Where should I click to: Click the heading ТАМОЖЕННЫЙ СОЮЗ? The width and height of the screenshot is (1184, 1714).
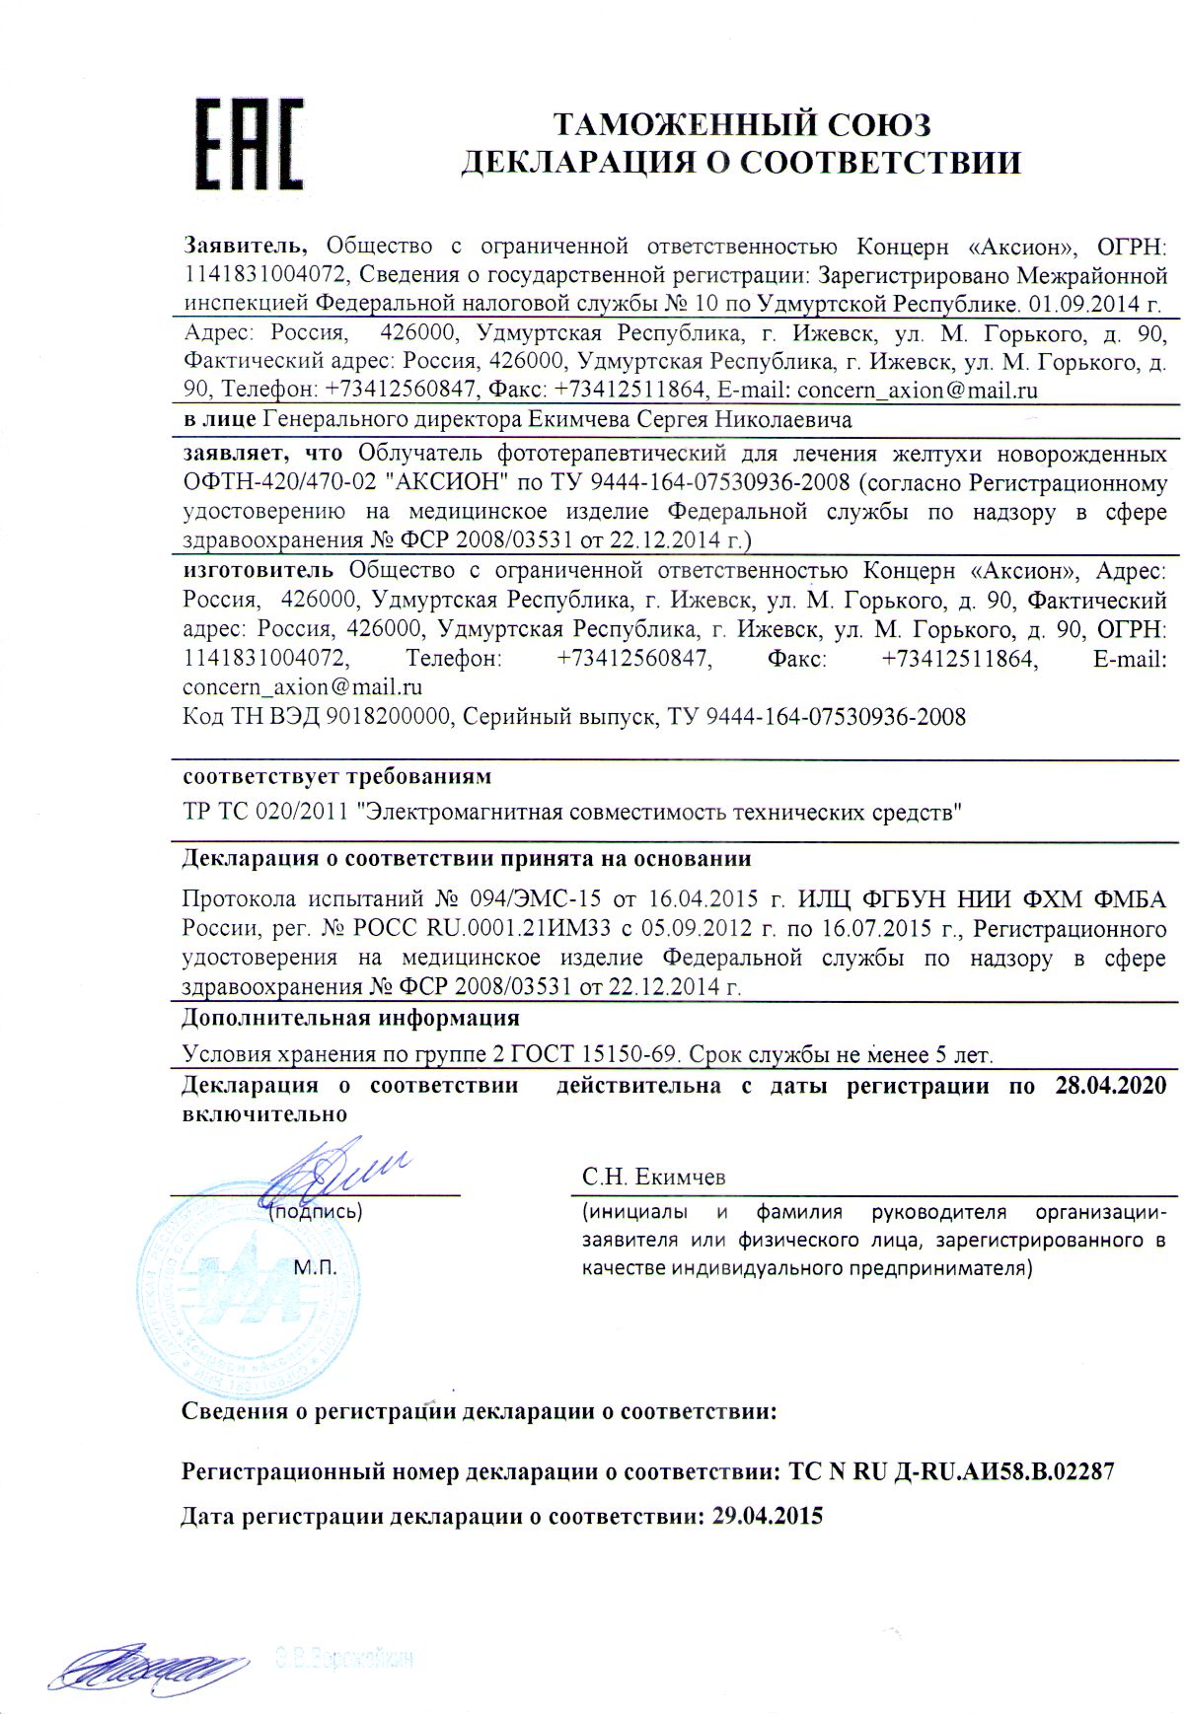tap(741, 124)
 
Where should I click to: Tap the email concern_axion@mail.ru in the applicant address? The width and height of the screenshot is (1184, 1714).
tap(918, 390)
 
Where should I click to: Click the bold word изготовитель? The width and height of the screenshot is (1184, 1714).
tap(259, 570)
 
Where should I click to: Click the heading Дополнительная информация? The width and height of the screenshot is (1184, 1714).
tap(351, 1018)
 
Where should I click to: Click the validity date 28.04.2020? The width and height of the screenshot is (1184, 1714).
tap(1111, 1086)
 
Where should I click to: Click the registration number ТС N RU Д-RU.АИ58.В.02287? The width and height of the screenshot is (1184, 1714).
tap(952, 1472)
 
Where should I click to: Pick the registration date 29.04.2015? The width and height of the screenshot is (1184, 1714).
tap(767, 1517)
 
